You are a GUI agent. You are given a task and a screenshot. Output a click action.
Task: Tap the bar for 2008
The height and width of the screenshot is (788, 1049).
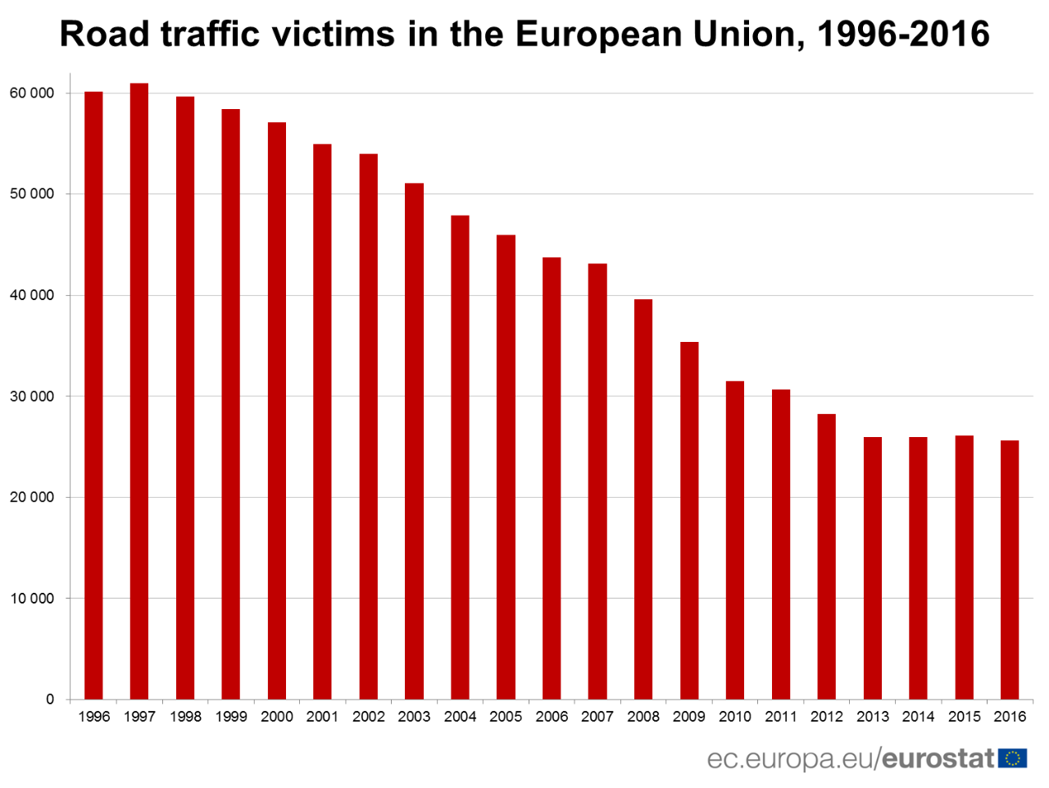coord(643,499)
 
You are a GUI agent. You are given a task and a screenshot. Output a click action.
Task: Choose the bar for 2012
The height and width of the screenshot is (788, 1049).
coord(826,557)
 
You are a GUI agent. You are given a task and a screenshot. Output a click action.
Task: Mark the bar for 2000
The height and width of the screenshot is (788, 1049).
coord(277,411)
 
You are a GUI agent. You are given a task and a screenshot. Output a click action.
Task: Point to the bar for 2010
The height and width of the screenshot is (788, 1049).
coord(735,540)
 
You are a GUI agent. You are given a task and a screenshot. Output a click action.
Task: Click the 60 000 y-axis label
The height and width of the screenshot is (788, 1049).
coord(32,93)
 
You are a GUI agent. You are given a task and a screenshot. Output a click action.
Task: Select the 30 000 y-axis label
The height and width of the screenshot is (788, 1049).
coord(32,397)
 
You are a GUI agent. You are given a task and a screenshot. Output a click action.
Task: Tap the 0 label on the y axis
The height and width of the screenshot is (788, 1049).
coord(50,699)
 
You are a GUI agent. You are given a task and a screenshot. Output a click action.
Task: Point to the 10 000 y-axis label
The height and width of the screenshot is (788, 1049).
coord(32,599)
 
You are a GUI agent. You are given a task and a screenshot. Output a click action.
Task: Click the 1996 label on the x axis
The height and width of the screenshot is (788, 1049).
coord(93,717)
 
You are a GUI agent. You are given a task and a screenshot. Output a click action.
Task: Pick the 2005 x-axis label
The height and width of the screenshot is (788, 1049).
coord(506,717)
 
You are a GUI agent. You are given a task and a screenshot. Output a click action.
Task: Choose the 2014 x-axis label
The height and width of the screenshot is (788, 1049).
coord(918,717)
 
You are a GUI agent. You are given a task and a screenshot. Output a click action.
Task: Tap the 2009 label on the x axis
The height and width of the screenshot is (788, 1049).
coord(689,717)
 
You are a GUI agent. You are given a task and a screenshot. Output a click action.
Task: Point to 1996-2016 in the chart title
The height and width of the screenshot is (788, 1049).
coord(902,34)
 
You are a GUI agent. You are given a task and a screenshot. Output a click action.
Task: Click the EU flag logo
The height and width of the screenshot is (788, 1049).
coord(1013,758)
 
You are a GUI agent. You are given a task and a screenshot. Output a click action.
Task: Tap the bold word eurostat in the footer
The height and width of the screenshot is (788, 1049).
coord(938,758)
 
